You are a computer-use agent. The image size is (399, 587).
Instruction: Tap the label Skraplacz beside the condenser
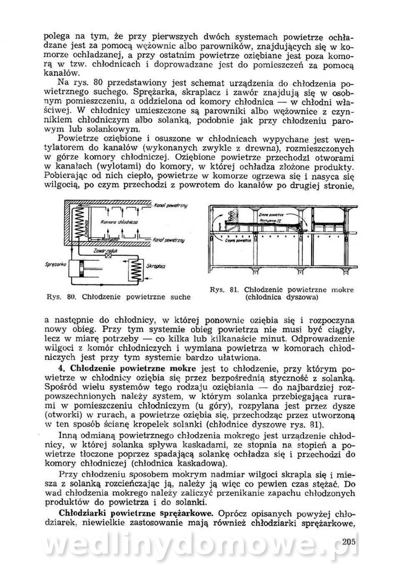156,268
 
